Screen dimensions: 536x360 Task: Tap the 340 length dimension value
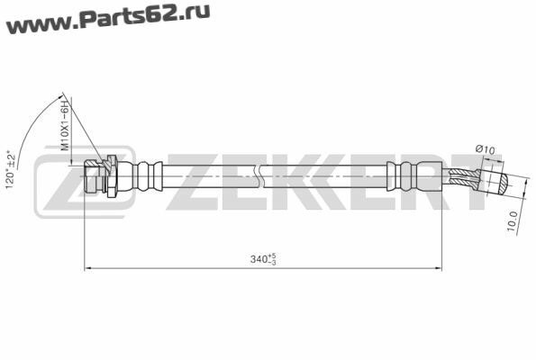point(259,259)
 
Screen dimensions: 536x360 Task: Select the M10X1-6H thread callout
point(65,125)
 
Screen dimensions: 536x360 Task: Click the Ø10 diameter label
point(485,149)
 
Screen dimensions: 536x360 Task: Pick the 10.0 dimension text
point(512,221)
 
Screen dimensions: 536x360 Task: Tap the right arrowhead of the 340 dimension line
point(437,268)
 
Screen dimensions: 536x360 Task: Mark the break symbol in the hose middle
point(260,175)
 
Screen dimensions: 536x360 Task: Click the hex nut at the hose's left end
point(91,176)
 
